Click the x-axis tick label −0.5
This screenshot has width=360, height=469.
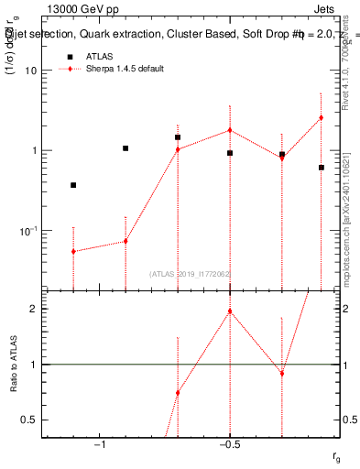coord(229,444)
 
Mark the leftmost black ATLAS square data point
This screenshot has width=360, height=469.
coord(73,185)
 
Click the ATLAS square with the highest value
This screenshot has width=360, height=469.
coord(178,137)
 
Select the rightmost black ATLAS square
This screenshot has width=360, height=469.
coord(322,168)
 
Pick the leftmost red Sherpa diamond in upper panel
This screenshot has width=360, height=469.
coord(73,251)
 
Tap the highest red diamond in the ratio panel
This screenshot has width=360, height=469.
coord(230,311)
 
